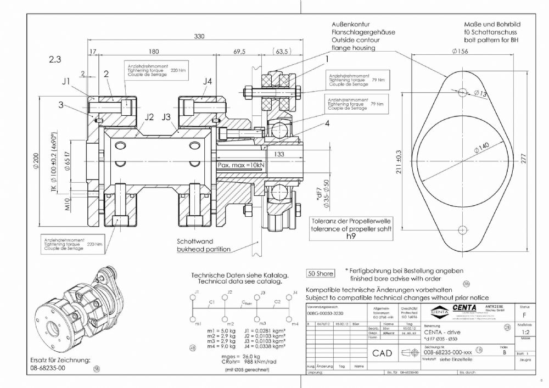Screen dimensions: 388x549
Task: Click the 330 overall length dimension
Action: click(x=199, y=36)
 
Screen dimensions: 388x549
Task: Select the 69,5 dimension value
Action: click(x=239, y=52)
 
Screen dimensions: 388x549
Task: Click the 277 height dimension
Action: click(x=524, y=159)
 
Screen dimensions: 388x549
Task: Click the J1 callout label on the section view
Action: click(x=66, y=82)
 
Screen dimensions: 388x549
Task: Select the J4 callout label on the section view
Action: click(x=206, y=82)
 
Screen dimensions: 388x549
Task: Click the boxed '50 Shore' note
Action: click(x=321, y=273)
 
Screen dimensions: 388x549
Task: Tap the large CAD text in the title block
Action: click(x=382, y=353)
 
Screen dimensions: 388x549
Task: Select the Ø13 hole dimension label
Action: click(x=480, y=94)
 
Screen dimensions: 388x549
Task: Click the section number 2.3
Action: click(x=55, y=58)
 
